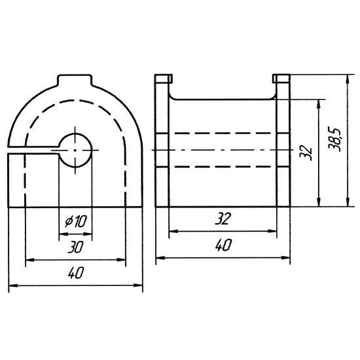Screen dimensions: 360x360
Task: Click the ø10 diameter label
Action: [x=76, y=221]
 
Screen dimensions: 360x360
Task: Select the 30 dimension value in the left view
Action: [x=75, y=247]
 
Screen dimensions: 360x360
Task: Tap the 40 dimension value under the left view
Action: [x=76, y=273]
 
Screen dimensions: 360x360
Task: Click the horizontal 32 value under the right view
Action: [x=223, y=219]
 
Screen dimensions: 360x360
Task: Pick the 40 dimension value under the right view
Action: [x=223, y=245]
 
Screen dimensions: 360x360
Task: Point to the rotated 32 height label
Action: [x=306, y=153]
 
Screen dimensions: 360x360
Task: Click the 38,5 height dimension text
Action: [x=334, y=140]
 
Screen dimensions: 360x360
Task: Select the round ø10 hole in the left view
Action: [x=75, y=151]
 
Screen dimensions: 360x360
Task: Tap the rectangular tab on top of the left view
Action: [x=75, y=80]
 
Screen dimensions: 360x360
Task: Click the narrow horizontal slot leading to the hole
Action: [x=33, y=151]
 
